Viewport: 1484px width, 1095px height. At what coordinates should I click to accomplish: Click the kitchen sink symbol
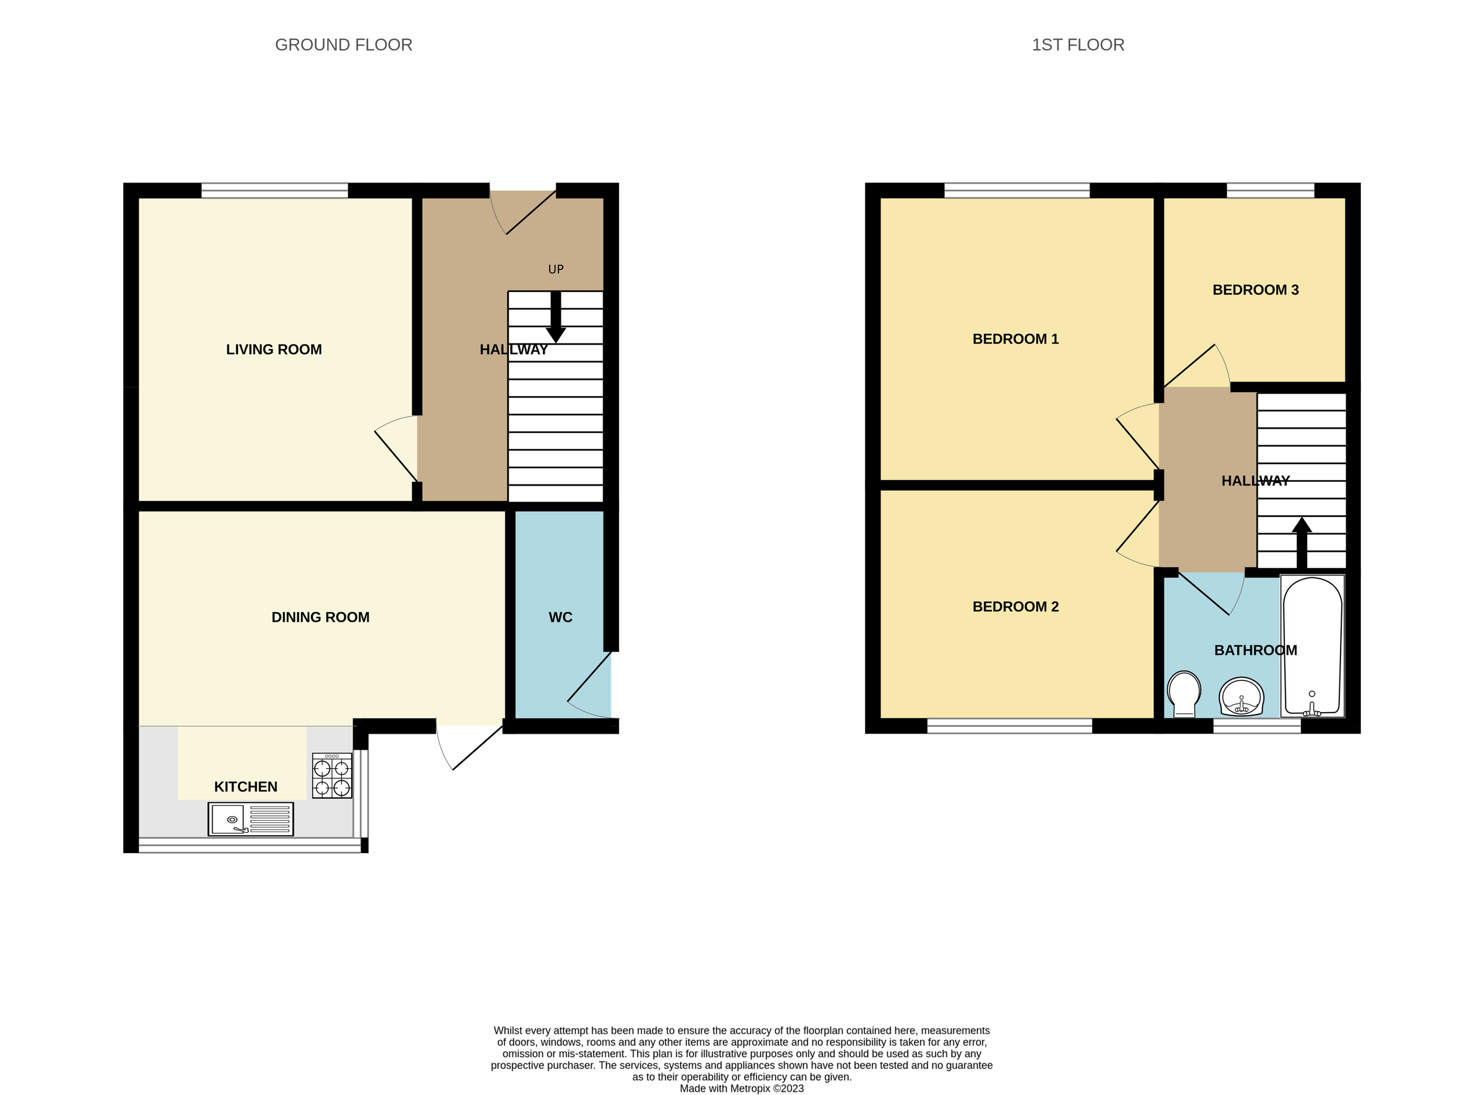(250, 819)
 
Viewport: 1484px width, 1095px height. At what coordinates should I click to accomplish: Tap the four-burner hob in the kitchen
(332, 776)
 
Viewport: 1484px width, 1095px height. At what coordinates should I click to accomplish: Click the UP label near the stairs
(556, 269)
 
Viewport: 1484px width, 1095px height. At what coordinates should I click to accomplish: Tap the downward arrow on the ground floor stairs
(555, 318)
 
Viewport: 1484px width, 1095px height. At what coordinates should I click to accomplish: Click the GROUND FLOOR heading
(343, 45)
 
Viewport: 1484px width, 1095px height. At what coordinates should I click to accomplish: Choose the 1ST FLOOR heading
(1078, 45)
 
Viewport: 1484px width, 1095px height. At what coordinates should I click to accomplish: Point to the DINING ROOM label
(320, 617)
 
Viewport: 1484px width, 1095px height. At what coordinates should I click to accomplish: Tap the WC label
(560, 617)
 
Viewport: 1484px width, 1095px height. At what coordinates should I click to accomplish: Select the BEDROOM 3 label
(1255, 290)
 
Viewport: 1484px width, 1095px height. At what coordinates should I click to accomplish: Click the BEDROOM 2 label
(1015, 606)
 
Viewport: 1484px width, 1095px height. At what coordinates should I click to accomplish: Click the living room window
(275, 191)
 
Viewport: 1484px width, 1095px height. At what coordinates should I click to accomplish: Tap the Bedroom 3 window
(1270, 191)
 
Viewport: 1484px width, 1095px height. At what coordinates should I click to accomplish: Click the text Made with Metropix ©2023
(741, 1088)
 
